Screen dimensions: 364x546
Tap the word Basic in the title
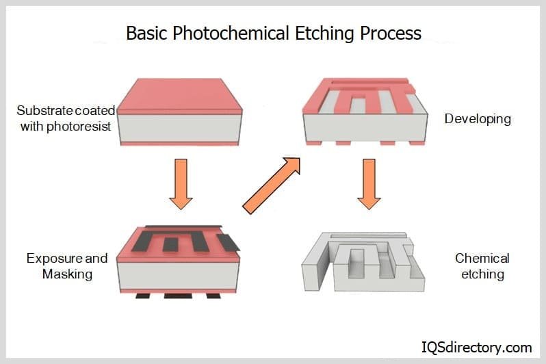coord(146,33)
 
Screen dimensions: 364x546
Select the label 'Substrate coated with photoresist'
coord(66,118)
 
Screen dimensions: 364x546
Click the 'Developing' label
coord(478,118)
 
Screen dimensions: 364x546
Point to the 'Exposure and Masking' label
coord(67,266)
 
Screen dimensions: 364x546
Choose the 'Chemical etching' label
coord(482,266)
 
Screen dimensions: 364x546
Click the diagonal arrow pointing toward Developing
coord(271,185)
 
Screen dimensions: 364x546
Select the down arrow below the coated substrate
coord(181,183)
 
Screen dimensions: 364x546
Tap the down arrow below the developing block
coord(369,183)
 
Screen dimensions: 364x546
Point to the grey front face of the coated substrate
coord(179,128)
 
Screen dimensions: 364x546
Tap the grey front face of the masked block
coord(179,276)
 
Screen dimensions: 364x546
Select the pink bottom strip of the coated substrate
coord(179,144)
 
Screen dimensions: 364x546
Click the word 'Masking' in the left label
coord(67,274)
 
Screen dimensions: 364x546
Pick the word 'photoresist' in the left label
coord(78,126)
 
